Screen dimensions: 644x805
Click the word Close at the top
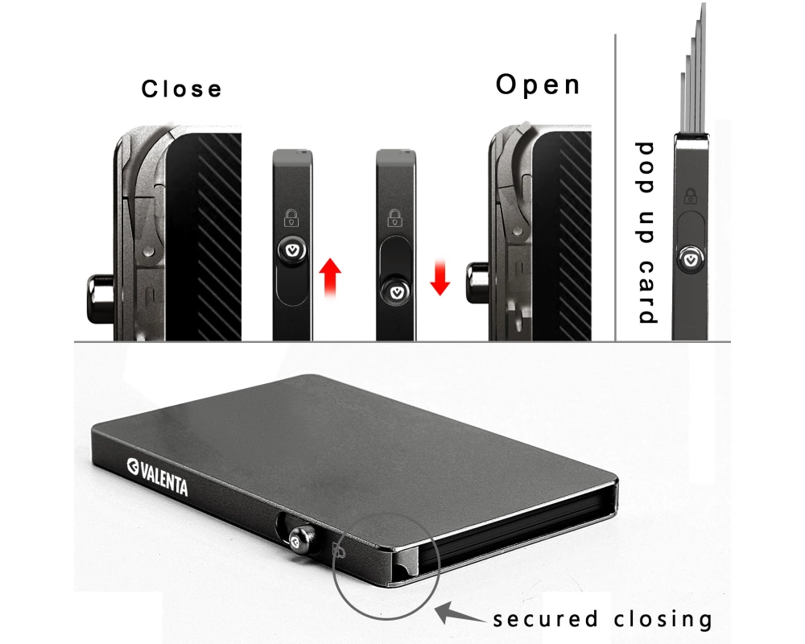(181, 88)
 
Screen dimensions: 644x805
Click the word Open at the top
(538, 85)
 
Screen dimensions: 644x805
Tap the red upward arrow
(330, 278)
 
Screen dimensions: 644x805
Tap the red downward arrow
(440, 277)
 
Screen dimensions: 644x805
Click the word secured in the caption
(544, 619)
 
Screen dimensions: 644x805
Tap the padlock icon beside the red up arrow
(291, 216)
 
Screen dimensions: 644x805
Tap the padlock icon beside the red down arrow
(394, 216)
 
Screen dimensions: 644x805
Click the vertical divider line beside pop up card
(616, 185)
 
